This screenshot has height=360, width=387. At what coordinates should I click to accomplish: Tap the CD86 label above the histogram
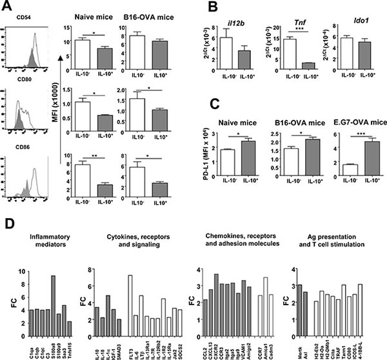(x=15, y=144)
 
